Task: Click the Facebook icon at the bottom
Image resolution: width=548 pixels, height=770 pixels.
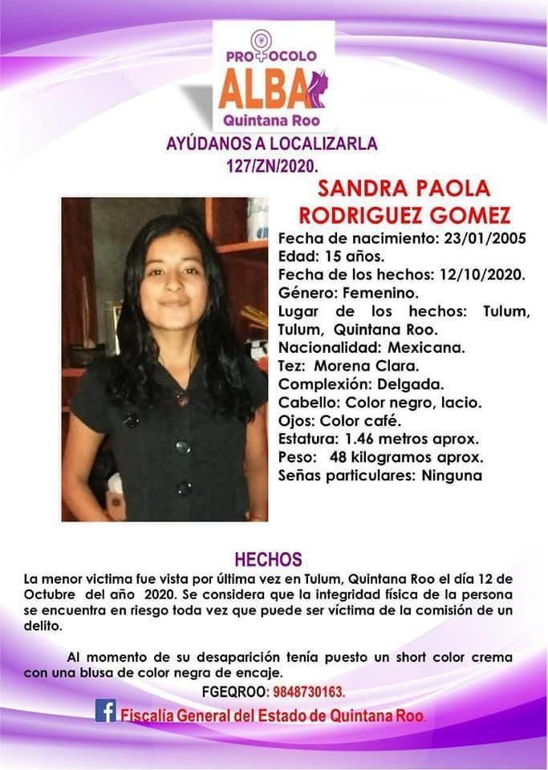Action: click(x=105, y=711)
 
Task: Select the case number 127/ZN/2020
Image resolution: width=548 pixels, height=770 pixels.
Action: click(x=272, y=168)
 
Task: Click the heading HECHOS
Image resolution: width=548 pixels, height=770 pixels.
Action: click(x=268, y=559)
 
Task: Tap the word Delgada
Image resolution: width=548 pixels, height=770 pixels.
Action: click(x=416, y=384)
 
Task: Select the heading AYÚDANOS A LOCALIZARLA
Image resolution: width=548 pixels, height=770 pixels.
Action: click(x=272, y=145)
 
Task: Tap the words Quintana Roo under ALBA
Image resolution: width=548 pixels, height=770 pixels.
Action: click(x=272, y=121)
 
